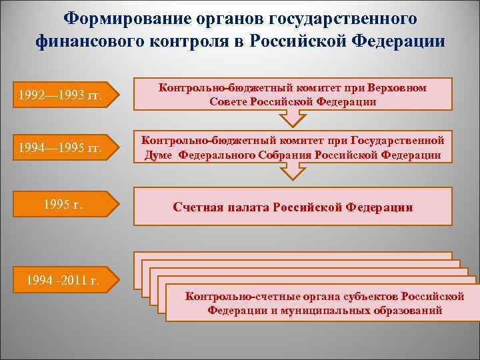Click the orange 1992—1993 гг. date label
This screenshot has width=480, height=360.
tap(61, 96)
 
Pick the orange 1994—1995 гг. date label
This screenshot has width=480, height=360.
tap(61, 147)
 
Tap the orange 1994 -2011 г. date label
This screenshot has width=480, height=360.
tap(61, 280)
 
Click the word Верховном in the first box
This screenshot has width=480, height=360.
tap(397, 88)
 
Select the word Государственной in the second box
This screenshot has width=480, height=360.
tap(400, 141)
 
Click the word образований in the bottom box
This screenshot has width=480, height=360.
tap(411, 311)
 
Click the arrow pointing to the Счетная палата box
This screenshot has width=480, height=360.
tap(291, 173)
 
